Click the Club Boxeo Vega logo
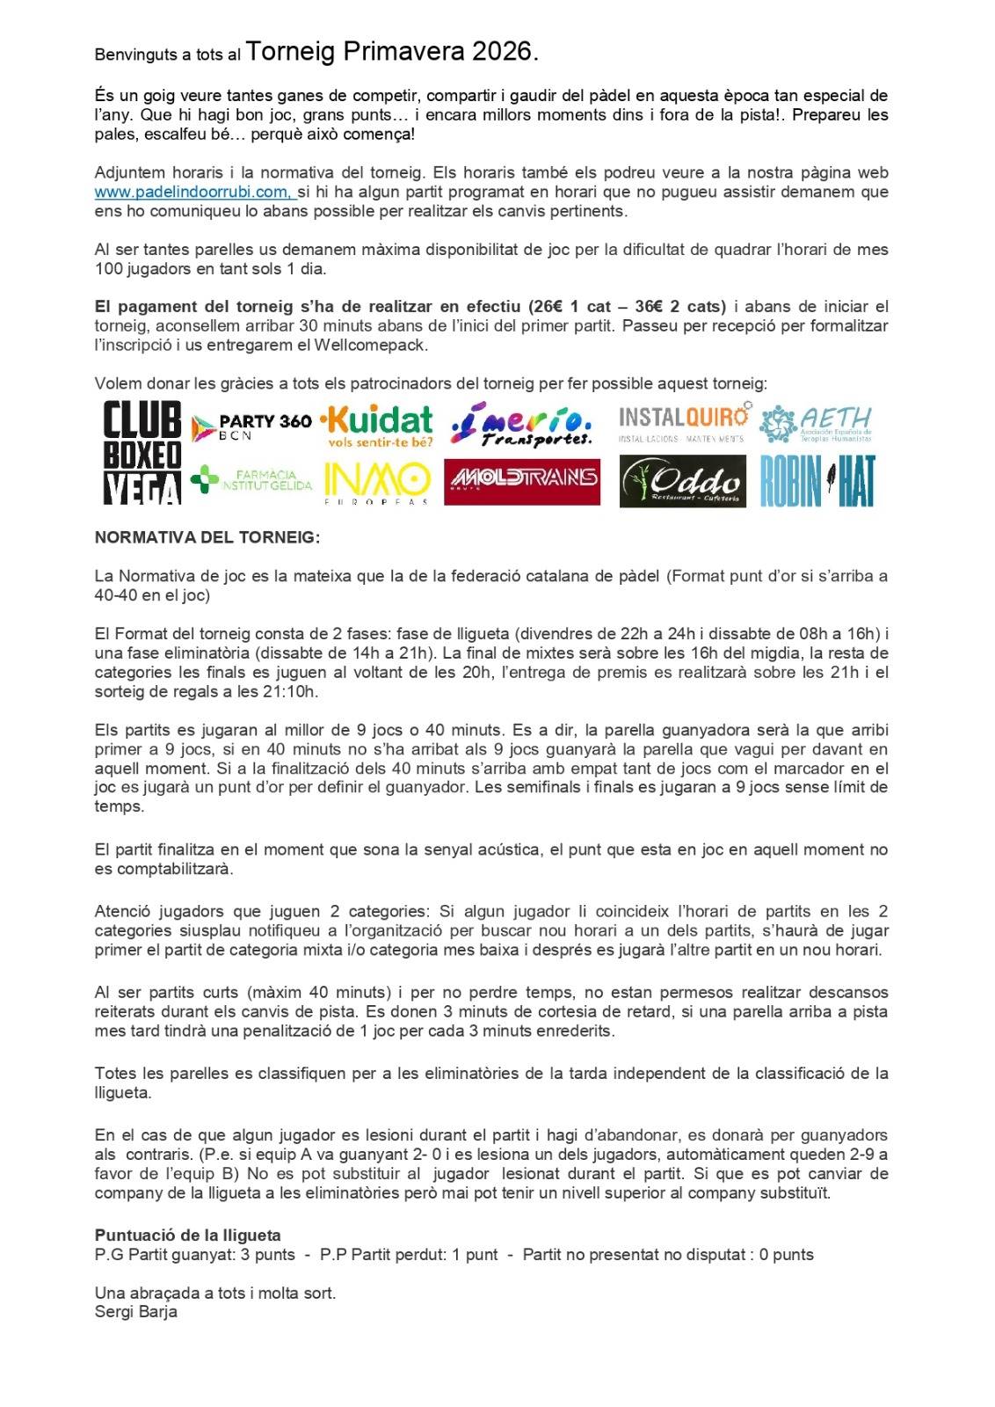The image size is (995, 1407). [142, 453]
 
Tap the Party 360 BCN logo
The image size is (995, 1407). [251, 426]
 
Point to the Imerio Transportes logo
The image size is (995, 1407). [521, 425]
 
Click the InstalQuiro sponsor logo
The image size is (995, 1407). [684, 423]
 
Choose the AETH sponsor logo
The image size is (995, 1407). [817, 425]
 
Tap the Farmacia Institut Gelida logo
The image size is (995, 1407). [251, 480]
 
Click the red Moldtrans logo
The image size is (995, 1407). [522, 481]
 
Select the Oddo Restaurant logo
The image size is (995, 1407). [683, 481]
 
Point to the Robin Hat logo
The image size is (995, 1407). [817, 481]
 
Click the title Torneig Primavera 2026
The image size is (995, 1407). [392, 52]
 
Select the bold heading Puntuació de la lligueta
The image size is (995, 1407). [187, 1236]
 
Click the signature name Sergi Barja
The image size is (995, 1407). [136, 1311]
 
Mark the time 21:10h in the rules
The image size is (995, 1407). [294, 691]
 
